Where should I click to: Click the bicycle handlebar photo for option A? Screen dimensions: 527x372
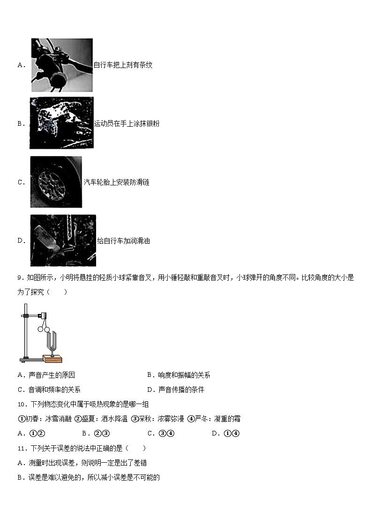click(61, 65)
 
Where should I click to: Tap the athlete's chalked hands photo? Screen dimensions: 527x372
click(61, 123)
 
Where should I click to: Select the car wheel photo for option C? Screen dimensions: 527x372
click(56, 182)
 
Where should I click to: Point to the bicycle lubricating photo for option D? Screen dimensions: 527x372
click(63, 240)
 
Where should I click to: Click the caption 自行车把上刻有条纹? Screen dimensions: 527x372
click(123, 65)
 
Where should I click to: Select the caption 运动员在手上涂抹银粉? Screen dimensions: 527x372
click(126, 124)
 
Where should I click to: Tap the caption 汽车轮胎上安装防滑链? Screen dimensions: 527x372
click(116, 182)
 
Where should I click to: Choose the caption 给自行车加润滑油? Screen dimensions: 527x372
click(123, 241)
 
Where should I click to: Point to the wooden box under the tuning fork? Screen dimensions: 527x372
click(52, 359)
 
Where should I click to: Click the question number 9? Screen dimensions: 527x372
click(20, 277)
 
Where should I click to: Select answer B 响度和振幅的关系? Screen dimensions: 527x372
click(179, 375)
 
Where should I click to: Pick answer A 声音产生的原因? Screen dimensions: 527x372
click(46, 375)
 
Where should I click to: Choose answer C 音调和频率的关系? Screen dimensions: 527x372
click(49, 390)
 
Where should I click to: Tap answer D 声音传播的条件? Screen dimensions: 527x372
click(175, 390)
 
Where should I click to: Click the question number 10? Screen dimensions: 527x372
click(21, 404)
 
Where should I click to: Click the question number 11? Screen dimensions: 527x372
click(21, 448)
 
